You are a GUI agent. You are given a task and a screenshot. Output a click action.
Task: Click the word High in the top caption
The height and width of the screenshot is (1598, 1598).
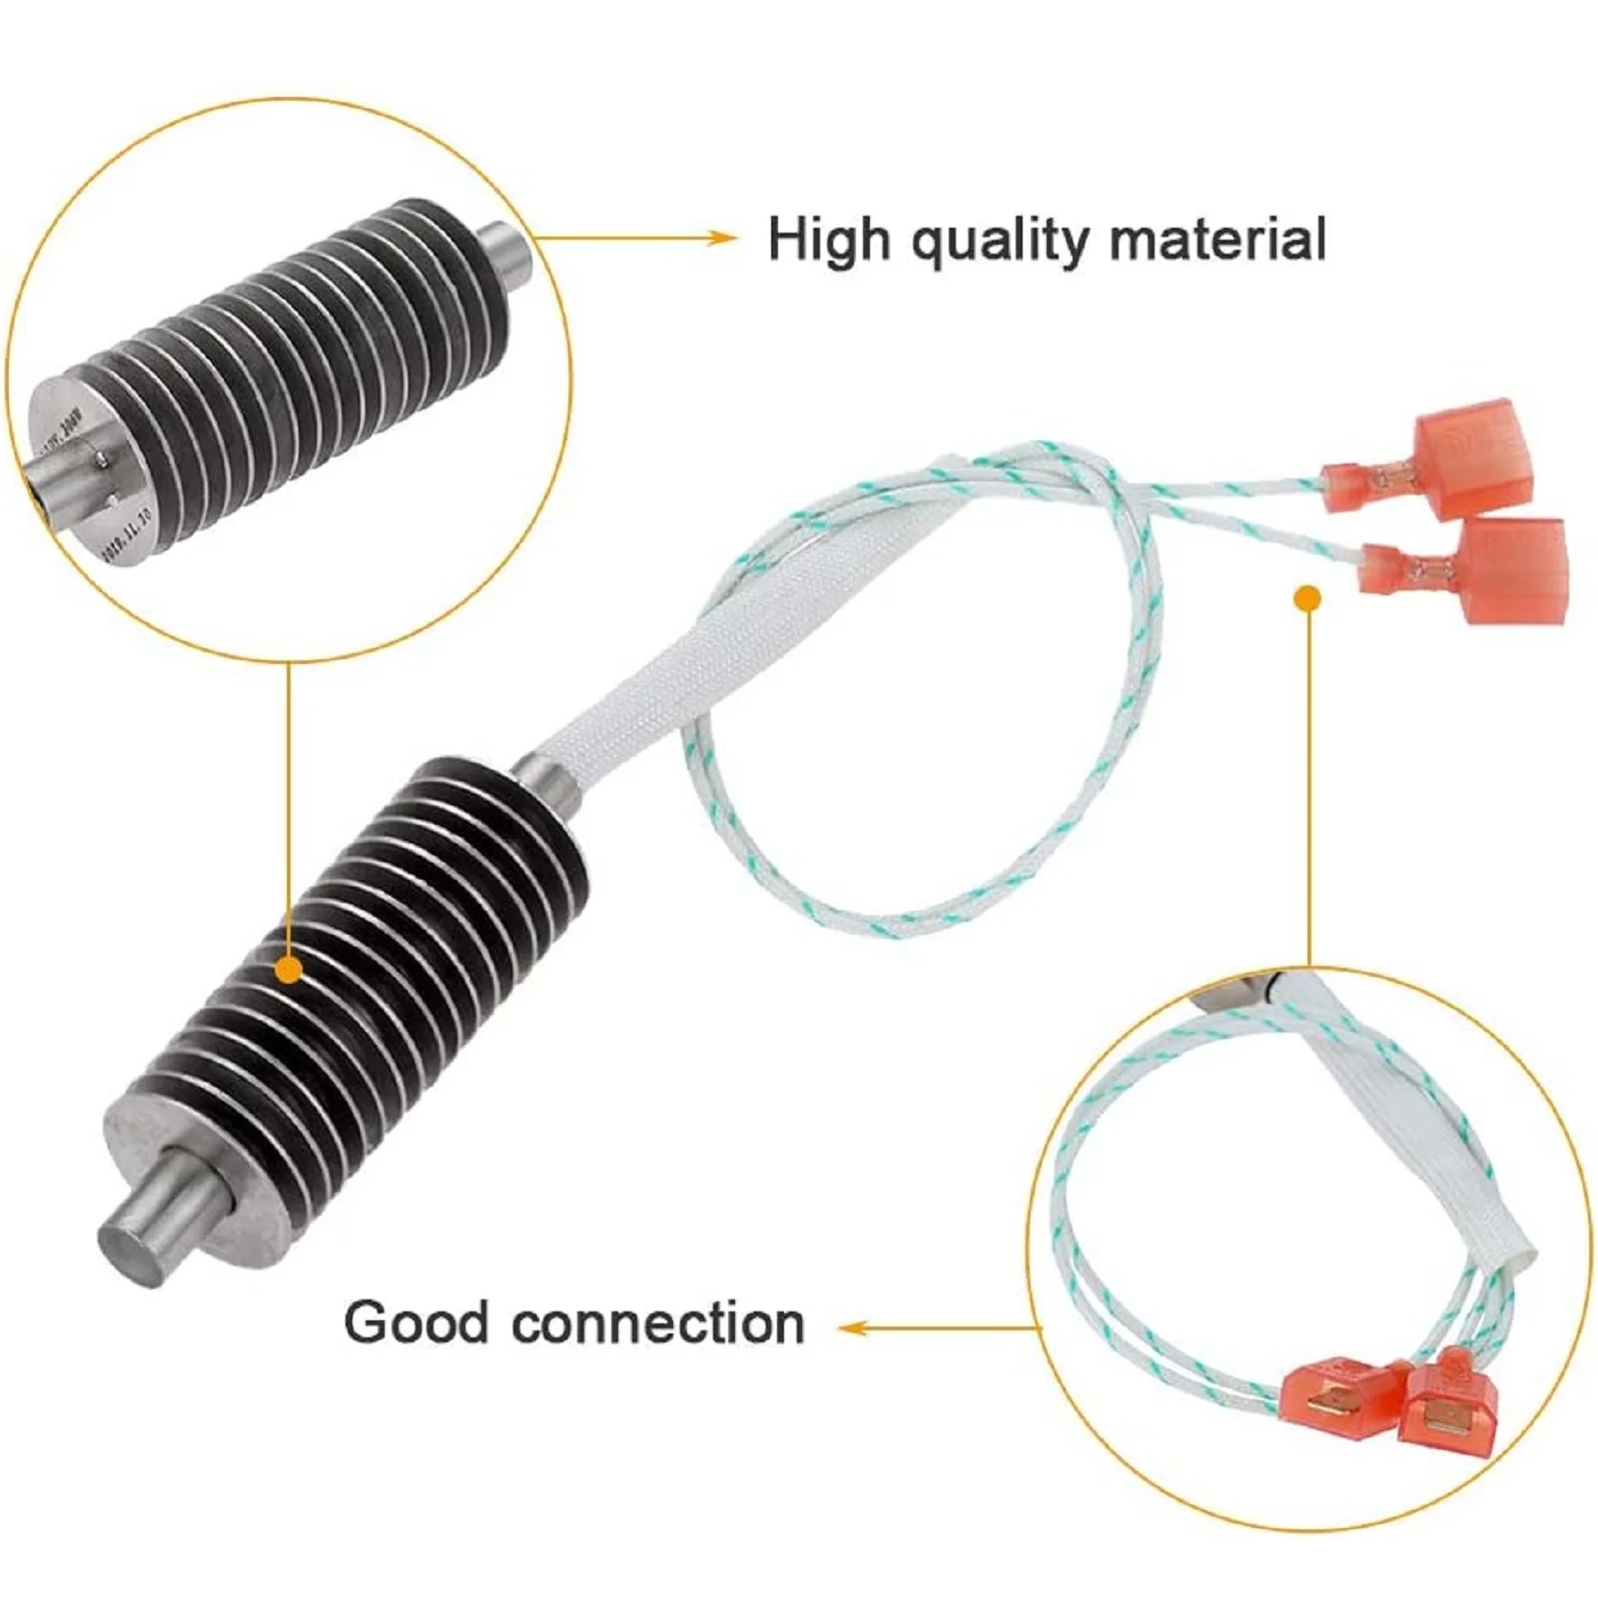click(x=827, y=240)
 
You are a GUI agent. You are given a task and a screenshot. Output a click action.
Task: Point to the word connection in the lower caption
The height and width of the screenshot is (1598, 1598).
click(x=658, y=1323)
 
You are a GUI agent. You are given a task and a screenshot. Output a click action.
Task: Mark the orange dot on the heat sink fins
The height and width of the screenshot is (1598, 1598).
click(x=289, y=968)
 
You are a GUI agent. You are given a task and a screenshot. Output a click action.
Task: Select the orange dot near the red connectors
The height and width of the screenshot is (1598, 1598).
click(x=1307, y=598)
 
